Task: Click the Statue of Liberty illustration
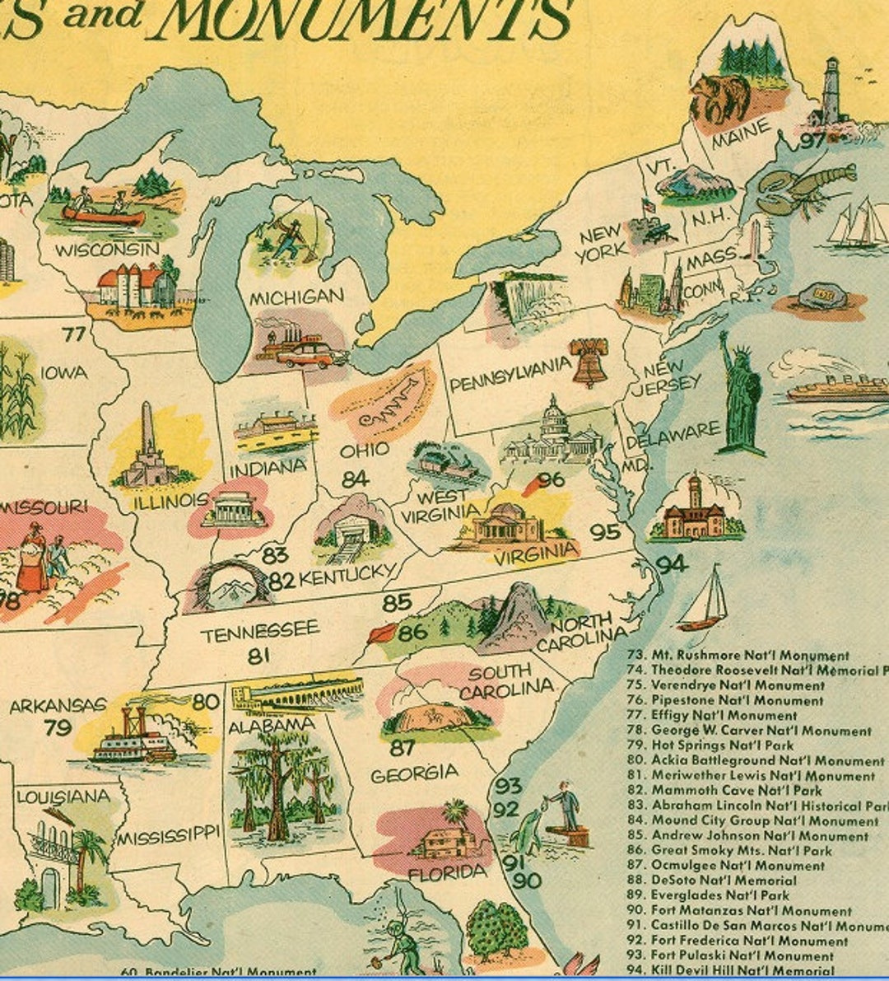(x=741, y=395)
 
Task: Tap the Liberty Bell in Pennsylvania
(x=589, y=362)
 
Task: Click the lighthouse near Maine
(x=831, y=92)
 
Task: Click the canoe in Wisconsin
(x=103, y=216)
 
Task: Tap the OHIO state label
(x=364, y=451)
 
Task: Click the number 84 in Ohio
(x=355, y=479)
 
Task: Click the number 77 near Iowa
(x=74, y=334)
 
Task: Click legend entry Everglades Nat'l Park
(x=719, y=895)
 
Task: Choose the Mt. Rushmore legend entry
(x=749, y=656)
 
